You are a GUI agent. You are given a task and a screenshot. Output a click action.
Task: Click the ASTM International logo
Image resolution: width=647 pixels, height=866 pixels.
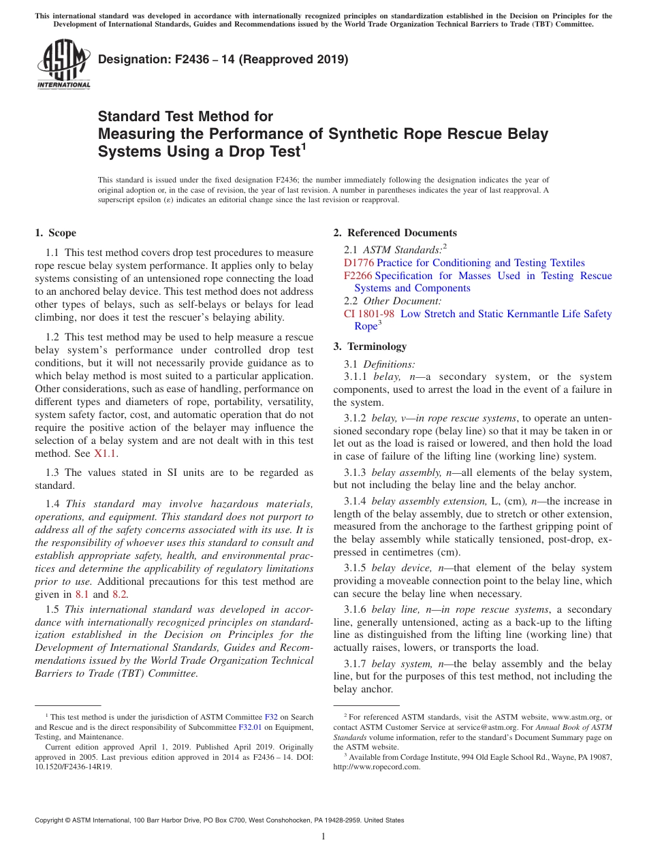(63, 65)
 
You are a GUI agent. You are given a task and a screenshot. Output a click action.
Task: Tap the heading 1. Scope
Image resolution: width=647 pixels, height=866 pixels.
(55, 233)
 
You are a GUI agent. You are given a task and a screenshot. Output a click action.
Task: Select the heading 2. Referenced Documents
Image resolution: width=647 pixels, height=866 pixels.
(395, 233)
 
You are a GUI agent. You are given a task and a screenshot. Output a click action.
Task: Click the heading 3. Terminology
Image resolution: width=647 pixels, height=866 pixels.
(370, 347)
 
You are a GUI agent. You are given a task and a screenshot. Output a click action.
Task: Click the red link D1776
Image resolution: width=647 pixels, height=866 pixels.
(359, 263)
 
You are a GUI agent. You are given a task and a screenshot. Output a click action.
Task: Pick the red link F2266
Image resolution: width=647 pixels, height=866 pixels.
(359, 276)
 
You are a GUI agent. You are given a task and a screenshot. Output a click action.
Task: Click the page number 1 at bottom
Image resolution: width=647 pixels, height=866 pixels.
(323, 837)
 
